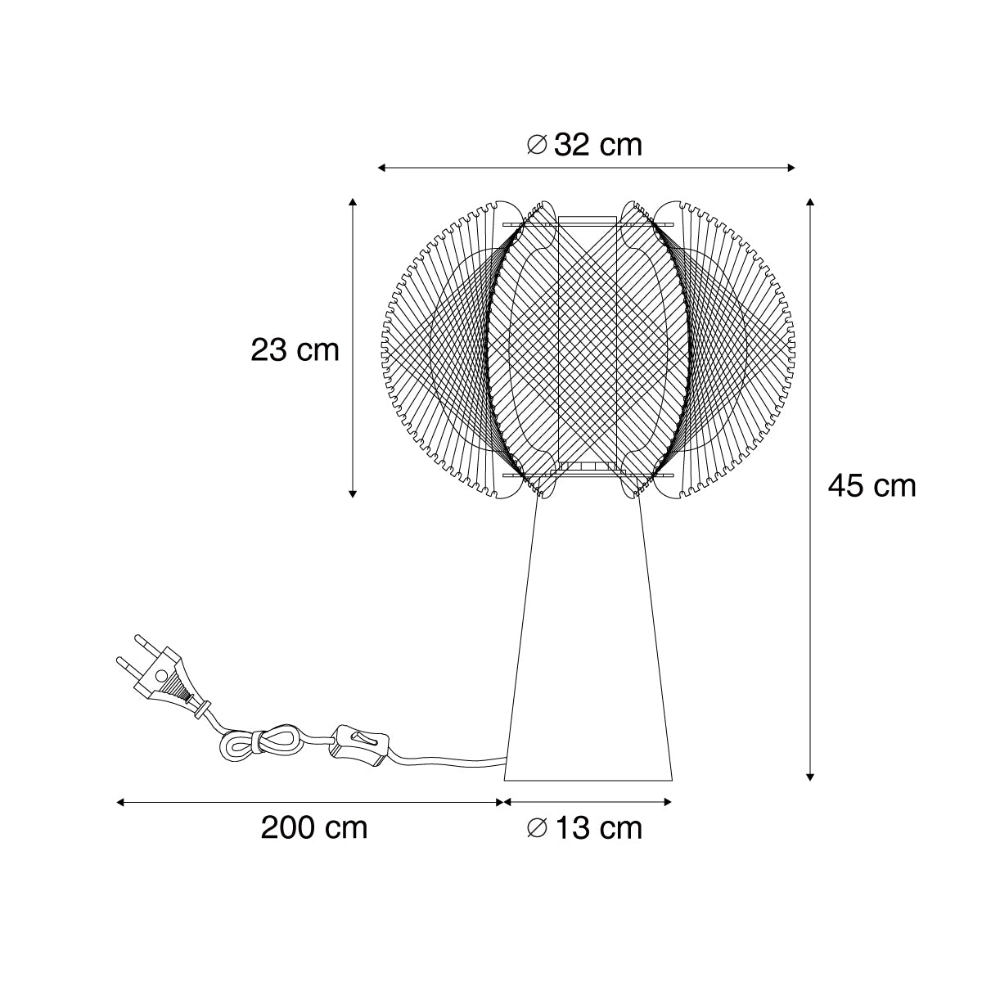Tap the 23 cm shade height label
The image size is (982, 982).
pyautogui.click(x=295, y=350)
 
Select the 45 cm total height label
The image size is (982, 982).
pyautogui.click(x=872, y=486)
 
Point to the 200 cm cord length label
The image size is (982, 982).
pyautogui.click(x=314, y=828)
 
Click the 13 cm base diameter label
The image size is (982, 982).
pyautogui.click(x=584, y=828)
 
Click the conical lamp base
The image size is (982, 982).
pyautogui.click(x=588, y=644)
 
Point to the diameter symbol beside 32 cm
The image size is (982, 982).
pyautogui.click(x=537, y=145)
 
